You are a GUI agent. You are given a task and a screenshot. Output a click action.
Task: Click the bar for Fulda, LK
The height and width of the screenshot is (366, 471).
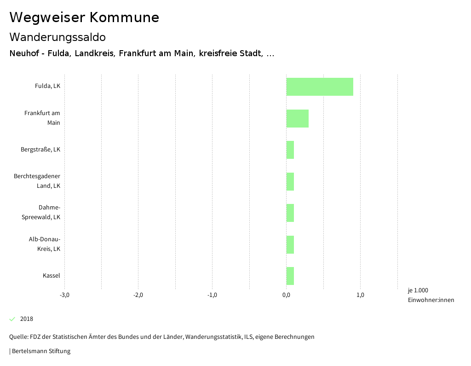320,87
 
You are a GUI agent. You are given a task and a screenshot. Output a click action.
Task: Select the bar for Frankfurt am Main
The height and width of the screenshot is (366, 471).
297,118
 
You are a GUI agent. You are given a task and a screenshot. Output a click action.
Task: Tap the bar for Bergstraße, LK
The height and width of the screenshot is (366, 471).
290,150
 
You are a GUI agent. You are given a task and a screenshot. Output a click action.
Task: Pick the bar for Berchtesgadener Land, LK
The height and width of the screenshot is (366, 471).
290,181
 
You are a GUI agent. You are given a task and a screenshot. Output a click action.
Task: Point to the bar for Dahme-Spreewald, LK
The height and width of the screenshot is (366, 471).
290,213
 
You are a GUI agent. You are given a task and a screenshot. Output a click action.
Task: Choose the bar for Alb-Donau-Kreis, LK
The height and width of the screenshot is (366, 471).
290,244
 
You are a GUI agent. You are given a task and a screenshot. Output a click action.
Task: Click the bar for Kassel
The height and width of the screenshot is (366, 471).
290,276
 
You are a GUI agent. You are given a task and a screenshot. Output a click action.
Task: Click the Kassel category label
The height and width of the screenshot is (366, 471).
52,276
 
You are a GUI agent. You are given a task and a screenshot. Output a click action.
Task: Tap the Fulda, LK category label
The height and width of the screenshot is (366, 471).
47,86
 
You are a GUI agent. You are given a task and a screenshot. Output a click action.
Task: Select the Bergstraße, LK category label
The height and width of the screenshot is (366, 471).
40,150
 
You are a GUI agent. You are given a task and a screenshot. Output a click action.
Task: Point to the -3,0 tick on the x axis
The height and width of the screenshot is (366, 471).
64,295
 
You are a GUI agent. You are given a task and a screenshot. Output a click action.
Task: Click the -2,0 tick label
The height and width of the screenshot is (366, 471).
138,295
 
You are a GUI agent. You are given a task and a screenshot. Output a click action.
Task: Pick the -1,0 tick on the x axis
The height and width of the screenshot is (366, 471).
212,295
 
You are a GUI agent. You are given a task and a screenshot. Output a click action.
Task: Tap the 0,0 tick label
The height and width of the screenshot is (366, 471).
286,295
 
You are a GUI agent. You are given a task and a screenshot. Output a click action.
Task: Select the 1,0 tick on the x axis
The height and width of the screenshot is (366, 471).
360,295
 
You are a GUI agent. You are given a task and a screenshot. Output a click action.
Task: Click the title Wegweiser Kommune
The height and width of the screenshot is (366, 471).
84,17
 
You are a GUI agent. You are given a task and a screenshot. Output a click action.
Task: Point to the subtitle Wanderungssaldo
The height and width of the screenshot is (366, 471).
57,37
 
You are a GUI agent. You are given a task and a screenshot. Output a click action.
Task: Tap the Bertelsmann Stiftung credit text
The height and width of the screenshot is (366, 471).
40,351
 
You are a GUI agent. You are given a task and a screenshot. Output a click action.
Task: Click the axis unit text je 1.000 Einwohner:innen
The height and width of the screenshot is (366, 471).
431,295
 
